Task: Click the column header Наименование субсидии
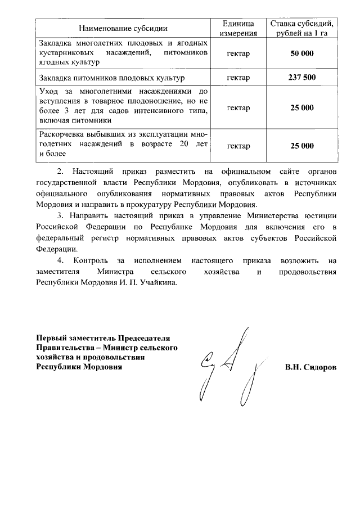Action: coord(123,28)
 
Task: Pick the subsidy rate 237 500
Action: coord(302,77)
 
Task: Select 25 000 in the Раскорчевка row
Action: coord(302,146)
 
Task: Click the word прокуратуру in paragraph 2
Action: coord(150,204)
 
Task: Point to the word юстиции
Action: coord(319,215)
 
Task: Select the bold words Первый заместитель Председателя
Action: coord(103,338)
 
